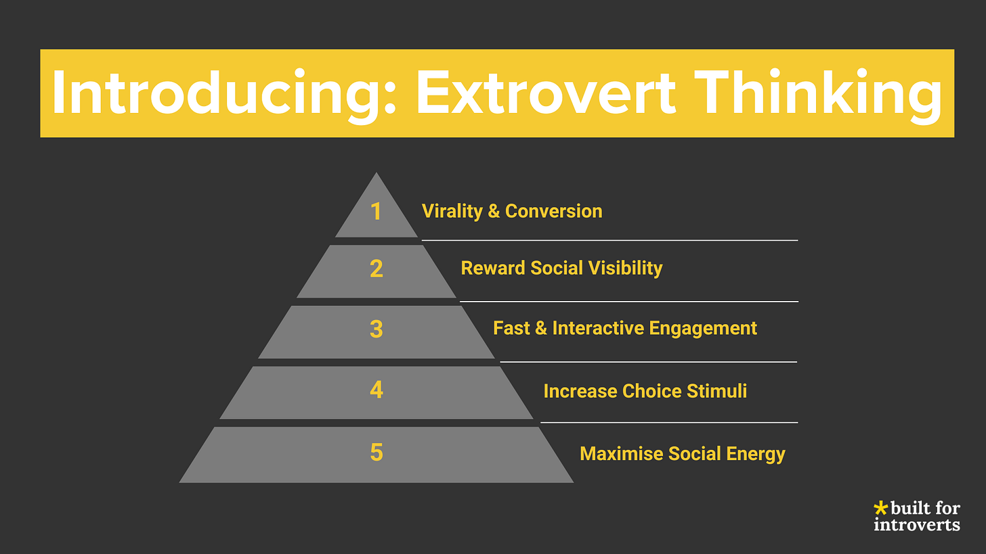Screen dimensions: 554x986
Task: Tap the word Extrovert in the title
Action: (546, 93)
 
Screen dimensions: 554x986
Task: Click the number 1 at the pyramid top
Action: (377, 212)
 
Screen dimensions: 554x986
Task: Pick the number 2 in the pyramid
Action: (377, 269)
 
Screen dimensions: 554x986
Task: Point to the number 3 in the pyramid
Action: (377, 329)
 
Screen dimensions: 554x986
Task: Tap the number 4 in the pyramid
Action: (377, 390)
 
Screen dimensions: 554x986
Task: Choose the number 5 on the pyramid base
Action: (377, 453)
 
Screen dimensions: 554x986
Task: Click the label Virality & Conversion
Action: (512, 211)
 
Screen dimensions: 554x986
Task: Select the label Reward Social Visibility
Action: (561, 268)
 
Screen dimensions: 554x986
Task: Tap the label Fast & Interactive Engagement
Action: (624, 328)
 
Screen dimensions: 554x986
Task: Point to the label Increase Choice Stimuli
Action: (645, 391)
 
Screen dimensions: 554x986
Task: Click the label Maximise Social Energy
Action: (682, 453)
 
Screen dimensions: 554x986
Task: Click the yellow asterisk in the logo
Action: (880, 507)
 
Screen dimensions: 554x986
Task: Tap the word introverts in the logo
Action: (916, 524)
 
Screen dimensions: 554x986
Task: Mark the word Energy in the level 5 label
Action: (760, 453)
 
